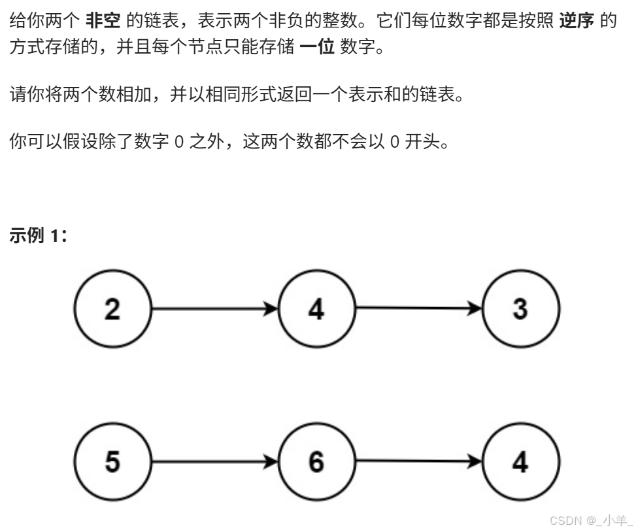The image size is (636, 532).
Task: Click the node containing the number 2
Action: click(x=112, y=308)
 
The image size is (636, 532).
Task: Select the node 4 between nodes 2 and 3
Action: click(x=316, y=308)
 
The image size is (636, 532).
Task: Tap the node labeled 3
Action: click(x=520, y=308)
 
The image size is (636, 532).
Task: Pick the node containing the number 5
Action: click(x=112, y=461)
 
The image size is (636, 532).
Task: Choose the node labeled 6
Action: click(x=316, y=461)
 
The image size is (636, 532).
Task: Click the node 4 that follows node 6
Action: click(x=520, y=461)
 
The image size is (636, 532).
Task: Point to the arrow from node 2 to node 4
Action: click(x=214, y=308)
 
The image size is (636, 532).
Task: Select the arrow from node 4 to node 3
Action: click(x=418, y=308)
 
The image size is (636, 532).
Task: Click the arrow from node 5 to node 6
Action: click(x=214, y=461)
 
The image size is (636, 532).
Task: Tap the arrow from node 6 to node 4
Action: click(x=418, y=461)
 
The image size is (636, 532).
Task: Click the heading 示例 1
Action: click(x=39, y=236)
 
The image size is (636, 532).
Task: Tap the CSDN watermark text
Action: click(x=590, y=520)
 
